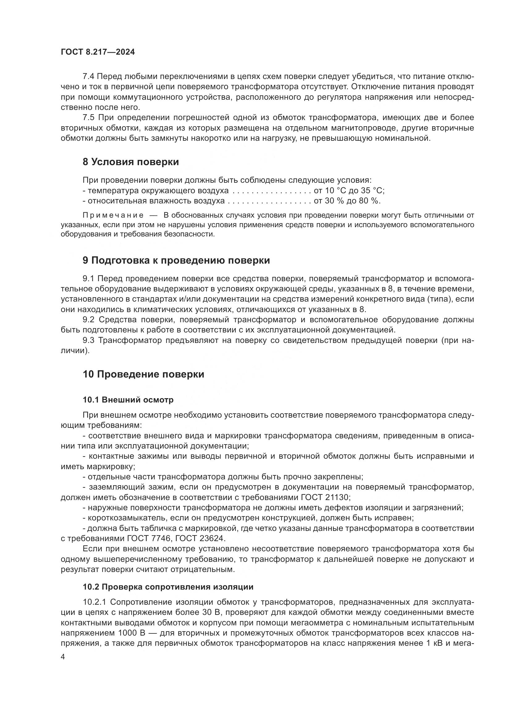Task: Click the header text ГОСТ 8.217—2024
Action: point(98,52)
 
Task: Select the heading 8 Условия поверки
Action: point(131,162)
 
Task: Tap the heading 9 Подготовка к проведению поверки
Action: point(176,261)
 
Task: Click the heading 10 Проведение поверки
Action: point(143,374)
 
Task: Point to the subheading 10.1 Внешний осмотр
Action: point(128,400)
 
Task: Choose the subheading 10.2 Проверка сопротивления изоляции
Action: point(168,587)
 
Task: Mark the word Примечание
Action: point(113,215)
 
